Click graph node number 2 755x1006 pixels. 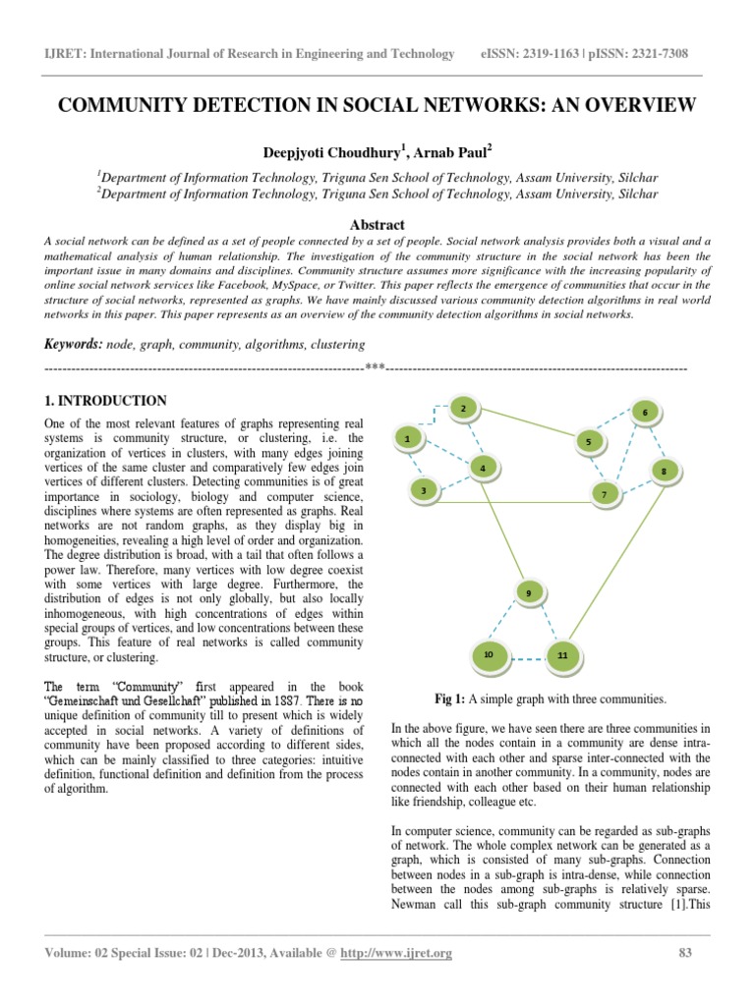point(463,408)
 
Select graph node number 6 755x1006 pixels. point(645,412)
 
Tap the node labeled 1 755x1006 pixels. point(407,439)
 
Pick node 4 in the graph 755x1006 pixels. point(483,469)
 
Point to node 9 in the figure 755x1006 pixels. point(529,592)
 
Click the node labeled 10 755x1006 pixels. point(489,653)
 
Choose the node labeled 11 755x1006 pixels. point(562,654)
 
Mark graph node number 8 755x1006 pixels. point(664,472)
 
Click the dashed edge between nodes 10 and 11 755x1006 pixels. point(526,656)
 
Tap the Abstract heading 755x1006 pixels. point(377,224)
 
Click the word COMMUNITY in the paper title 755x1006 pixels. point(136,105)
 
